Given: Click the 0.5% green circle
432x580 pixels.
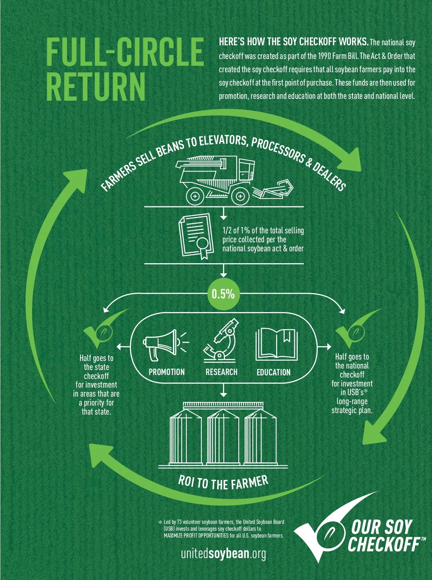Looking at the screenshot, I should pyautogui.click(x=223, y=294).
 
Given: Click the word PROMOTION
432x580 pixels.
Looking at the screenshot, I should pyautogui.click(x=167, y=372).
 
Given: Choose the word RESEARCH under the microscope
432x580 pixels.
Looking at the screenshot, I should pyautogui.click(x=221, y=372).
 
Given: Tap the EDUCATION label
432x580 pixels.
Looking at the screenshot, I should pyautogui.click(x=274, y=372).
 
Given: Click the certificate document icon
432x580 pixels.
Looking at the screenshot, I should pyautogui.click(x=195, y=236).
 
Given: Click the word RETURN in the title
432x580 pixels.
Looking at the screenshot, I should pyautogui.click(x=96, y=87).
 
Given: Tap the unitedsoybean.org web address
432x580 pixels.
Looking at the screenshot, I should pyautogui.click(x=223, y=553).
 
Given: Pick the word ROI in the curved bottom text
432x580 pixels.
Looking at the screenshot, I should pyautogui.click(x=186, y=480).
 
